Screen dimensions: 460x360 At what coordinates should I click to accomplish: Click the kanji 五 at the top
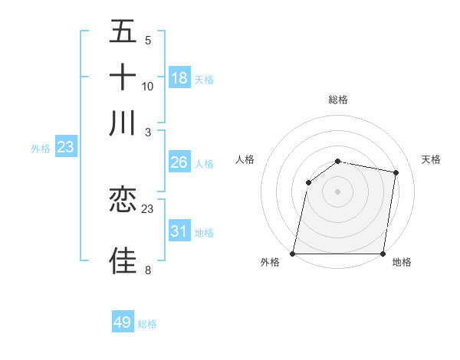123,31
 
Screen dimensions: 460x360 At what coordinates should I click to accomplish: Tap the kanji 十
123,77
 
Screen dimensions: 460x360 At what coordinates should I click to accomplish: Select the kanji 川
123,123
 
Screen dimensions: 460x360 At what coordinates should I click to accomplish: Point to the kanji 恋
123,200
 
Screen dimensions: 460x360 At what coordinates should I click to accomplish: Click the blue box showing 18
179,78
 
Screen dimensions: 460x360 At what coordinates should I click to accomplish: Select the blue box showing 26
179,162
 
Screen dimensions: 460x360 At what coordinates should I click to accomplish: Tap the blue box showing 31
179,231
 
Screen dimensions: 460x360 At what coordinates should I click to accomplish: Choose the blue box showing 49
123,322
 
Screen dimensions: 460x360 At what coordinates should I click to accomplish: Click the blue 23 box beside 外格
65,147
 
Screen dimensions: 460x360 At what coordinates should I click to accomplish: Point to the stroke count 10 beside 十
148,86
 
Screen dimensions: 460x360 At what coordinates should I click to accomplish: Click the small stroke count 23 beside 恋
148,208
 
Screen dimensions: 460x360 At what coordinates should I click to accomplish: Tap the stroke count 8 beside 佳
147,270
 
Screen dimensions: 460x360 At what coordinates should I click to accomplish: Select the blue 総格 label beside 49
147,324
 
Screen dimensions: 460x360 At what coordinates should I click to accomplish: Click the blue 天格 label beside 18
204,80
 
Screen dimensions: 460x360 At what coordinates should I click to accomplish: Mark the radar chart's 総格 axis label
338,100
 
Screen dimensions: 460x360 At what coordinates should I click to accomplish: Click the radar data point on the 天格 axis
396,173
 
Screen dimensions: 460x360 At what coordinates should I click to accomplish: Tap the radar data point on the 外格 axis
293,254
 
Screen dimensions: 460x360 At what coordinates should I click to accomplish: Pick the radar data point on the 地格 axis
383,254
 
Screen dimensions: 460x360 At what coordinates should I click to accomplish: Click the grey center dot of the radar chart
338,191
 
